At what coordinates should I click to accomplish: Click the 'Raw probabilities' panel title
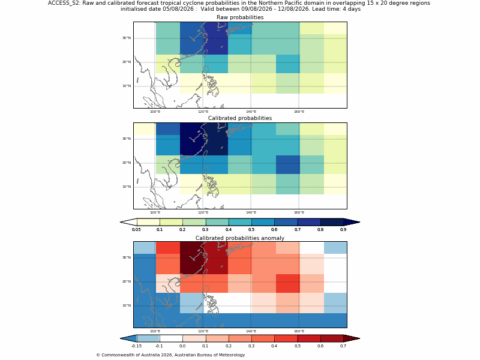click(x=240, y=17)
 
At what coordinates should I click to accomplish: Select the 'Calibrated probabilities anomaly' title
click(x=240, y=238)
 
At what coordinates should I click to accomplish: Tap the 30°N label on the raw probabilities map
click(x=127, y=38)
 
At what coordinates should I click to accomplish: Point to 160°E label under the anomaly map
click(x=299, y=331)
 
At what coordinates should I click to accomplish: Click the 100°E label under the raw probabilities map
click(x=155, y=112)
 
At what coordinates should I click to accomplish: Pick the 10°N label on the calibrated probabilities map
click(x=127, y=187)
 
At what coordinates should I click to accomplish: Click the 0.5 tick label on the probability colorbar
click(x=251, y=230)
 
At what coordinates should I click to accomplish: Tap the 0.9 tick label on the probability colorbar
click(x=343, y=230)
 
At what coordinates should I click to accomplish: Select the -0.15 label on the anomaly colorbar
click(x=137, y=346)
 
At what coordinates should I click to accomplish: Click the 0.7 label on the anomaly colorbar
click(x=343, y=346)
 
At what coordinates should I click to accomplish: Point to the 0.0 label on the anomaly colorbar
click(x=182, y=346)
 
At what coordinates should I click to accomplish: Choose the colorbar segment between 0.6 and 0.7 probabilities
click(x=286, y=222)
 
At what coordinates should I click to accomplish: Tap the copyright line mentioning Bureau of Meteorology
click(x=170, y=355)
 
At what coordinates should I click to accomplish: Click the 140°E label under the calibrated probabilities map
click(x=251, y=212)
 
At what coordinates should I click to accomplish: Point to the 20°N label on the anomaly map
click(x=127, y=281)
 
